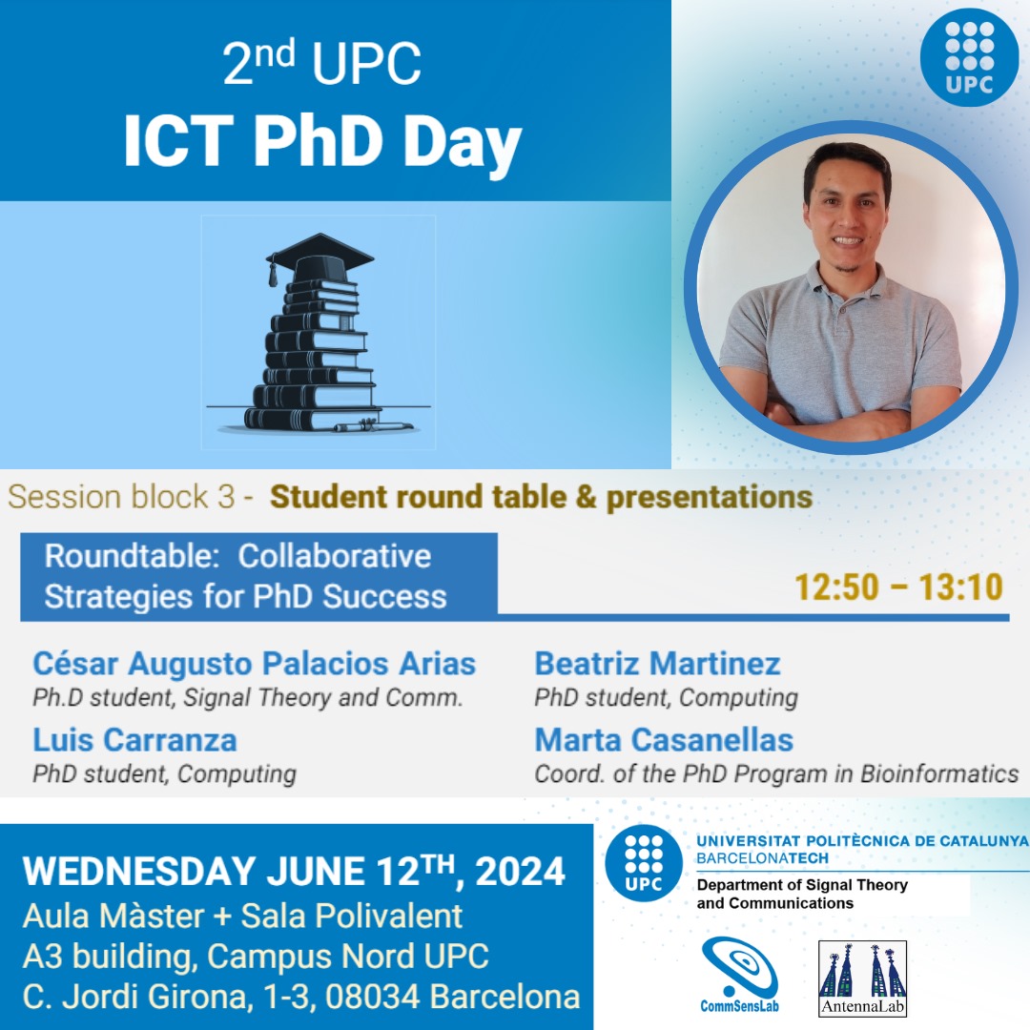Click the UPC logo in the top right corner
pos(969,56)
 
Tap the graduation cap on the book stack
pos(320,255)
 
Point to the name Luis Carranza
pos(134,740)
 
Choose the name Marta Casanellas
pos(664,740)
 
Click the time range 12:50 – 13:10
pos(899,587)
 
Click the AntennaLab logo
pos(863,978)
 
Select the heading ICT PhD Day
pos(322,143)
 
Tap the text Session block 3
pos(120,497)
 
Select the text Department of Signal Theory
pos(802,885)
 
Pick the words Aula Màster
pos(113,916)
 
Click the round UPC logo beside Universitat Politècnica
pos(643,862)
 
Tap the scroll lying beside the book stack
pos(373,426)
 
